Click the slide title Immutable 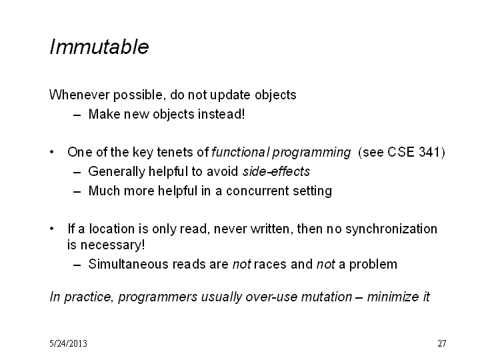[x=99, y=47]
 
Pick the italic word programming [x=311, y=153]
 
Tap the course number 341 [x=429, y=152]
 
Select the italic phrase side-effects [x=276, y=171]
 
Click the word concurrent [x=257, y=191]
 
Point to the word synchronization [x=391, y=229]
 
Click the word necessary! [x=113, y=245]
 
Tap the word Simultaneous [x=128, y=264]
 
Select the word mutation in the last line [x=327, y=297]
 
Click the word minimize [x=393, y=297]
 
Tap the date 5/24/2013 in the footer [x=68, y=343]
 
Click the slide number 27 [x=442, y=343]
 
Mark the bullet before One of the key [x=52, y=152]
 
